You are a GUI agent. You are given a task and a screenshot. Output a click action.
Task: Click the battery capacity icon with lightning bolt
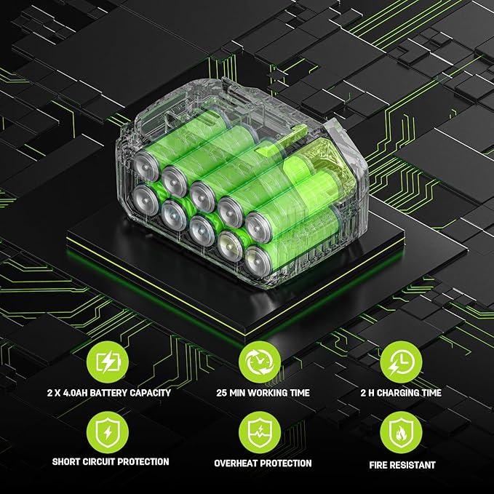pos(108,362)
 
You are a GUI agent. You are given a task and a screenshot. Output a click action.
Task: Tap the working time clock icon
pos(260,362)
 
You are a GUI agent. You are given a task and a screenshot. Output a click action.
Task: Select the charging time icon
pos(401,362)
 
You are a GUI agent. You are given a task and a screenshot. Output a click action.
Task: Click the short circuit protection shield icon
pos(108,432)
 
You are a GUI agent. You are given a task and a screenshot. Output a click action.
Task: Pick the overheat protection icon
pos(260,432)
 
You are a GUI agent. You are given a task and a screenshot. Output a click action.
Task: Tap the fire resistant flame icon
pos(401,432)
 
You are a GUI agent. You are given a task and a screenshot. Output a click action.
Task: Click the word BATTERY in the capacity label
pos(108,393)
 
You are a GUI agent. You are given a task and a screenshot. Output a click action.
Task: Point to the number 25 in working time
pos(221,393)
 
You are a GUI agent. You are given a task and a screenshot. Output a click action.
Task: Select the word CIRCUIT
pos(99,462)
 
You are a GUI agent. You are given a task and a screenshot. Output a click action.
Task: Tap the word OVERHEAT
pos(236,463)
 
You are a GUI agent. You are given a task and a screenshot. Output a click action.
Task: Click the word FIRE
pos(379,465)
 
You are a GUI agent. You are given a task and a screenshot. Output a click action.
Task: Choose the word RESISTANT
pos(414,465)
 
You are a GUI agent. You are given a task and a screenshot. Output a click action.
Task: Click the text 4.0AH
pos(76,393)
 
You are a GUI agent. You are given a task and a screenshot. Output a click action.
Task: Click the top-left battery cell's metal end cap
pos(146,166)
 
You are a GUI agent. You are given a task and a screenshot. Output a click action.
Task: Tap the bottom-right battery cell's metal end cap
pos(258,261)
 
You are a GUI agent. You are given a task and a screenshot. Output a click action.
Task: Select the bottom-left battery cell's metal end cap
pos(146,200)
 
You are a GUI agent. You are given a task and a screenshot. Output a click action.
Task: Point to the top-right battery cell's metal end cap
pos(258,228)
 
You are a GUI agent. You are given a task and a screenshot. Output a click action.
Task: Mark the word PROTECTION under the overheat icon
pos(286,463)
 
